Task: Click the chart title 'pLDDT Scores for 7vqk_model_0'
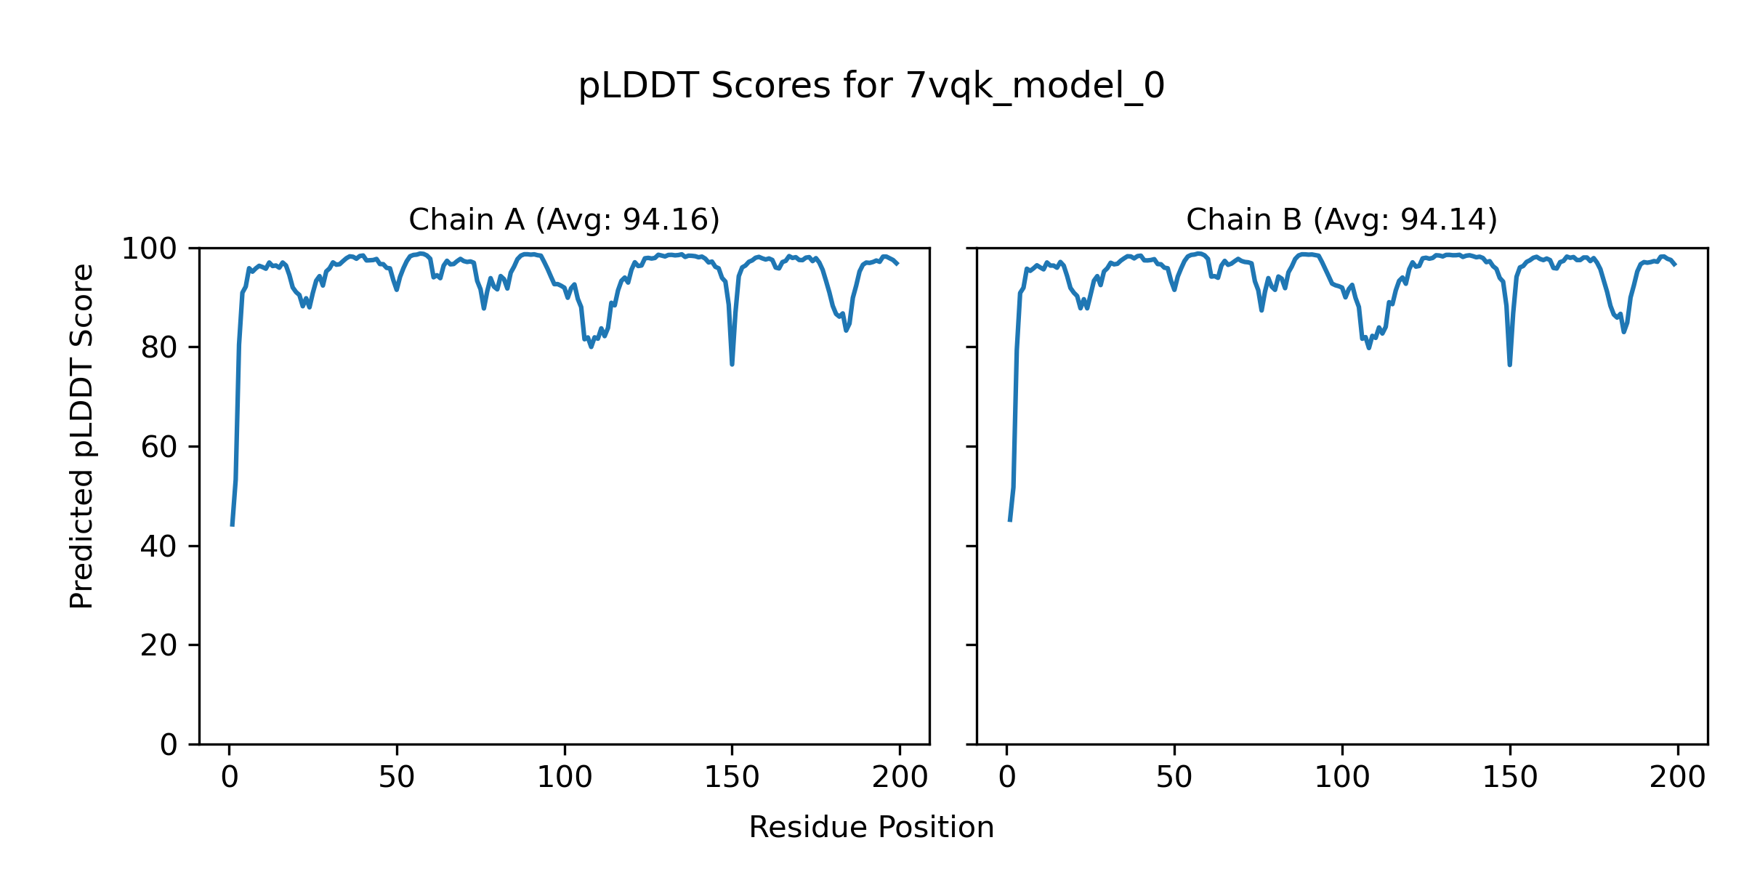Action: click(871, 86)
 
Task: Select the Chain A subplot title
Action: click(564, 219)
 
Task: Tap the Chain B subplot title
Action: click(1341, 219)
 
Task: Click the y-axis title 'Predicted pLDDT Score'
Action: click(82, 436)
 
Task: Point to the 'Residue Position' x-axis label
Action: click(871, 828)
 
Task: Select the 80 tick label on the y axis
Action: click(159, 348)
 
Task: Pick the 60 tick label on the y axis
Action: click(159, 447)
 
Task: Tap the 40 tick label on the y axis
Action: click(159, 546)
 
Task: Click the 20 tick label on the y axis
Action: click(159, 645)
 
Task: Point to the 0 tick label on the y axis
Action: click(169, 745)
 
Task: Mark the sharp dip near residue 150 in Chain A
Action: click(732, 363)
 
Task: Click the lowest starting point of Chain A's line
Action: click(232, 525)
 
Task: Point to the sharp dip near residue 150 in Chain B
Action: click(1509, 363)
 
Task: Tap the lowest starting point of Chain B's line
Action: click(1009, 520)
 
